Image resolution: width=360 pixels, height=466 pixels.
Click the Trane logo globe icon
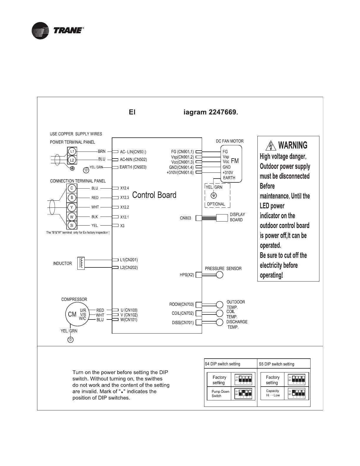[40, 31]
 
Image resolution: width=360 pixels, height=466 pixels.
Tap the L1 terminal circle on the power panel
[72, 151]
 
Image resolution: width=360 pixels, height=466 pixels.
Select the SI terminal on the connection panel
[71, 225]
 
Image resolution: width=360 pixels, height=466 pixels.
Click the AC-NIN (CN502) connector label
[133, 159]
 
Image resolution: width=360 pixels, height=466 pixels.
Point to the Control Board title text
[154, 195]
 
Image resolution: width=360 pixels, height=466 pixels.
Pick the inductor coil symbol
[81, 263]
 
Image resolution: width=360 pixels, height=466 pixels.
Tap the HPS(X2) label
[187, 275]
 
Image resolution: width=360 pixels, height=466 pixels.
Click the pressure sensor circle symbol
[219, 275]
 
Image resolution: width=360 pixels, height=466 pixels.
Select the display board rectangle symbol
[222, 218]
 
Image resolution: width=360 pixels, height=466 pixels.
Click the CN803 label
[185, 218]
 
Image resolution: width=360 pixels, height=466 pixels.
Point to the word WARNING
[293, 145]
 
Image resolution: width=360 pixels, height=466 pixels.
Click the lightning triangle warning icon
[270, 146]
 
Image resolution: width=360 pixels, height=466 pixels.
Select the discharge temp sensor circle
[220, 322]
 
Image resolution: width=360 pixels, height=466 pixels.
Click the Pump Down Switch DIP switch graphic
[243, 394]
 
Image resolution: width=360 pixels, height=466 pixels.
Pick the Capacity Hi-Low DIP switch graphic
[296, 393]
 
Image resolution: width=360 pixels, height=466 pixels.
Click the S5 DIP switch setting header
[276, 364]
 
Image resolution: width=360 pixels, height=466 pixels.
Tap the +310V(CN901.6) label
[180, 173]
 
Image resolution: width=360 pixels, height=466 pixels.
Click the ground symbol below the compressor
[70, 340]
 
